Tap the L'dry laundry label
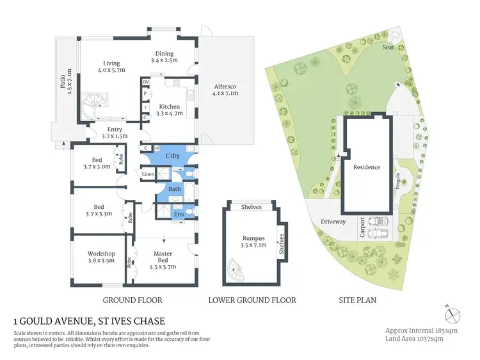pyautogui.click(x=172, y=156)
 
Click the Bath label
pyautogui.click(x=175, y=190)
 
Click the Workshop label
pyautogui.click(x=100, y=258)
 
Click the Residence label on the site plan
pyautogui.click(x=367, y=167)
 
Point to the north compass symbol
pyautogui.click(x=453, y=315)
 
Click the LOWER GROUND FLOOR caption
pyautogui.click(x=252, y=300)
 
